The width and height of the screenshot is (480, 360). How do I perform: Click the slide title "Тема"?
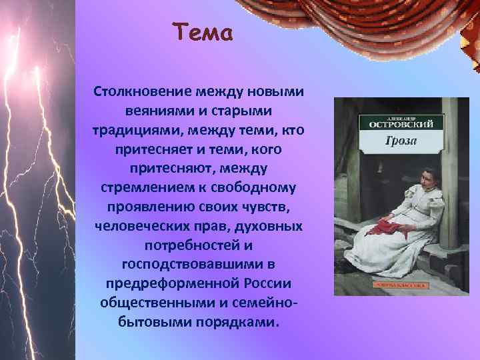click(203, 32)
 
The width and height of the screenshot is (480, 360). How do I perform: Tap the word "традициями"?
click(133, 129)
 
